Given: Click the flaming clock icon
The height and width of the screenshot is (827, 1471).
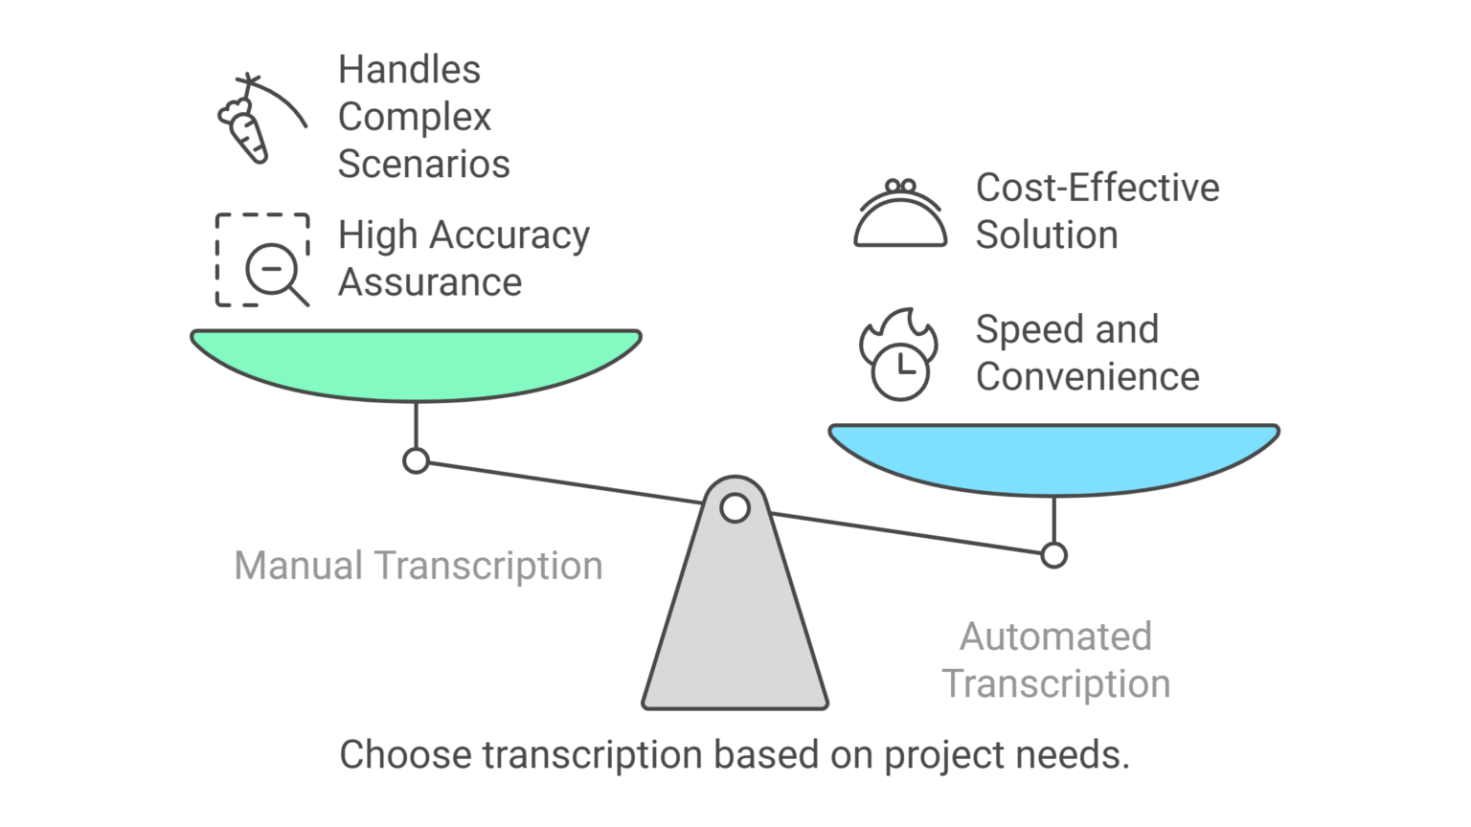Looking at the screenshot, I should pos(898,355).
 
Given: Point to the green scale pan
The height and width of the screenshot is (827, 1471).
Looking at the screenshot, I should pos(416,364).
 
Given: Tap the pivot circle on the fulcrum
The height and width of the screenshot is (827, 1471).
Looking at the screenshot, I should pos(735,508).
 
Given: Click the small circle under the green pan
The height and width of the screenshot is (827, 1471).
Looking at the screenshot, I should pos(416,461).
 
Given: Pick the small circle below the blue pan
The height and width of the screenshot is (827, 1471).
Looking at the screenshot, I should pos(1053,555).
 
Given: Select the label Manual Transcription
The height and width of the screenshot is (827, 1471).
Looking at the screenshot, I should pos(419,566).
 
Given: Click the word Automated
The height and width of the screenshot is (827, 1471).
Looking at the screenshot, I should pos(1055,637).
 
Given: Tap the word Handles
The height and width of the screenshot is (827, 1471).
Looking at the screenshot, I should pos(409,70).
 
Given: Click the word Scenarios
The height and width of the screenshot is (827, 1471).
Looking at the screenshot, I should pos(423,164).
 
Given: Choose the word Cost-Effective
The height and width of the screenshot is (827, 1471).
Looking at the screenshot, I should pos(1097,188).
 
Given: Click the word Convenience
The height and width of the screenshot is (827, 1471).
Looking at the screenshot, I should pos(1087,377).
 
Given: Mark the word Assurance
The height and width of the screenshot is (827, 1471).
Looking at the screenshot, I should pos(430,283).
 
